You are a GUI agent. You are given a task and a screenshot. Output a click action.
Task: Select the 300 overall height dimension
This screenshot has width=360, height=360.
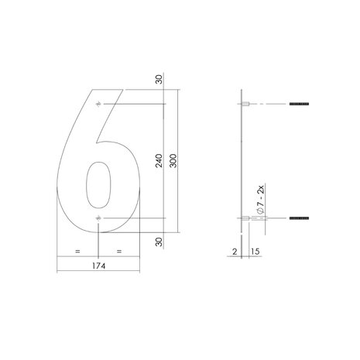tap(181, 161)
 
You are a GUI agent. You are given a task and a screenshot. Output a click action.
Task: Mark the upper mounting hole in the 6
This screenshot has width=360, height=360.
tap(98, 104)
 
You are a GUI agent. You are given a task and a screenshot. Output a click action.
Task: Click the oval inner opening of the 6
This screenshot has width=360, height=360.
tap(98, 187)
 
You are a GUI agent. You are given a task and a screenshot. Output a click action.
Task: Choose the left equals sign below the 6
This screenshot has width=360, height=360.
tap(77, 252)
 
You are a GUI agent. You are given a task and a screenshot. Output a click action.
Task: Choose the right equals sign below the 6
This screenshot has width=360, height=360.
tap(119, 252)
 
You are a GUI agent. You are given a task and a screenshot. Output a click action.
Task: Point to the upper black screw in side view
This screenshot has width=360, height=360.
tap(299, 104)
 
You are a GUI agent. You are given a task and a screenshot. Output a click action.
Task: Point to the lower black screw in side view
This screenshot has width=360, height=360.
tap(299, 219)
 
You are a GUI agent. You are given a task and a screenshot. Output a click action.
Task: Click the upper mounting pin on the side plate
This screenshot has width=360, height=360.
tap(245, 104)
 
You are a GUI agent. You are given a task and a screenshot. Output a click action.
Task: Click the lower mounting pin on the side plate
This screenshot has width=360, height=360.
tap(245, 219)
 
